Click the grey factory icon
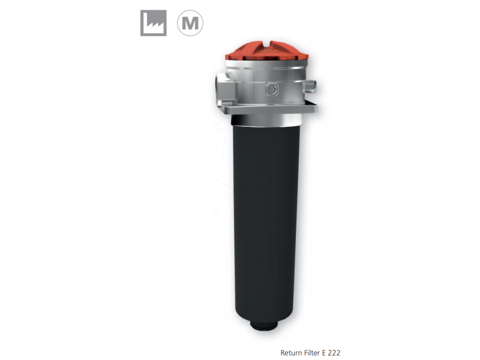(154, 23)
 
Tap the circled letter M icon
(190, 23)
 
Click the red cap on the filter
(267, 51)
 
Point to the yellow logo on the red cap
(269, 51)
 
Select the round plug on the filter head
(272, 89)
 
